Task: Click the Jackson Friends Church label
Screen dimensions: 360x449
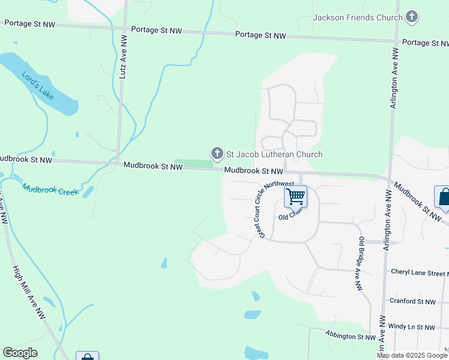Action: click(358, 17)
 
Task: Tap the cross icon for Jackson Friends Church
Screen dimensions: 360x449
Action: click(412, 17)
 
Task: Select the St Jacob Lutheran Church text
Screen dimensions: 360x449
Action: click(274, 154)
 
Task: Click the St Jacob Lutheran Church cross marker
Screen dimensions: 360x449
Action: click(216, 154)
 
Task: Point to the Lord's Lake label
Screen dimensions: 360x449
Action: click(37, 85)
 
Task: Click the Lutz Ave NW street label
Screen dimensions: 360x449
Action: click(123, 57)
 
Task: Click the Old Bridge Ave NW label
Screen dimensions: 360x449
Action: click(361, 264)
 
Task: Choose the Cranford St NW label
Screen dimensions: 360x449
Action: click(412, 301)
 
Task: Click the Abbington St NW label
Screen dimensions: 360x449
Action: click(350, 335)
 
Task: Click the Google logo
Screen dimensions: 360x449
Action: click(20, 353)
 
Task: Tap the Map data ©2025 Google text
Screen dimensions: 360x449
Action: click(412, 355)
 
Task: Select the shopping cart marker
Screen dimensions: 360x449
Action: click(295, 196)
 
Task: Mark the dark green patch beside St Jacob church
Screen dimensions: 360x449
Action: click(193, 163)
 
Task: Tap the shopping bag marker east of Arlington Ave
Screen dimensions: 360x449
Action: click(443, 197)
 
